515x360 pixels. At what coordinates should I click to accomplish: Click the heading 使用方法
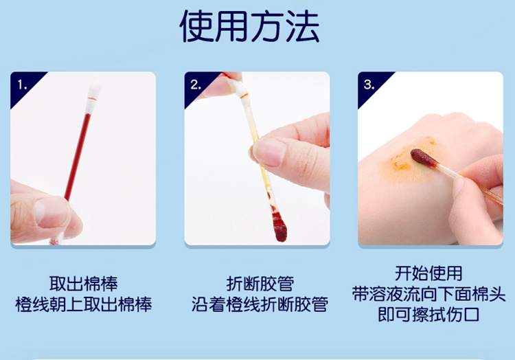pos(250,27)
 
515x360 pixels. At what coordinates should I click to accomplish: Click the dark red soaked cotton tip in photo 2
pos(279,227)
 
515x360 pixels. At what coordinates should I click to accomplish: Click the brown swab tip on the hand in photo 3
pos(424,157)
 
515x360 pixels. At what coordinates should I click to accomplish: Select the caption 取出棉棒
pos(83,284)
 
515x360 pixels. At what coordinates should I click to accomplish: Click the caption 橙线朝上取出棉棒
pos(83,304)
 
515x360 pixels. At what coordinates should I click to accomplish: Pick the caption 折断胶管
pos(260,284)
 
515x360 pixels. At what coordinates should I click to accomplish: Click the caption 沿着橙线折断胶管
pos(260,304)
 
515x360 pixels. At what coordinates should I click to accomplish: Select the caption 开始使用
pos(428,273)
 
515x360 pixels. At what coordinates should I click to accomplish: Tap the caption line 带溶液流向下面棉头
pos(428,294)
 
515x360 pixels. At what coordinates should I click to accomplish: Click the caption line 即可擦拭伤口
pos(428,315)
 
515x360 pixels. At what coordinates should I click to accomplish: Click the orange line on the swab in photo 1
pos(92,98)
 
